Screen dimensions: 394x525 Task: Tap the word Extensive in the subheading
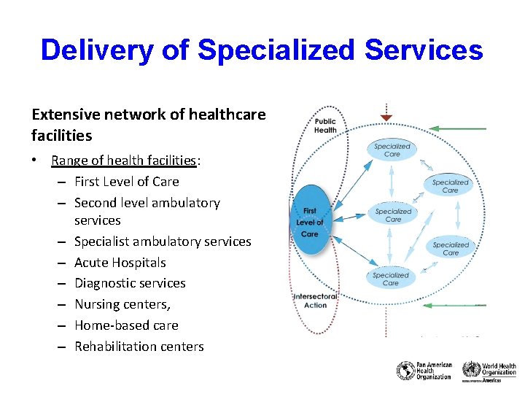click(x=61, y=115)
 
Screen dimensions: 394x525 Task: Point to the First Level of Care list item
click(x=126, y=182)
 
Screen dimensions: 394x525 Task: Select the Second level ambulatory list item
click(x=147, y=203)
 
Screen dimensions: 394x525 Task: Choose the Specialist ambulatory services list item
click(x=163, y=242)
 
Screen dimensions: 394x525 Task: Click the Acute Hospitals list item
click(x=120, y=263)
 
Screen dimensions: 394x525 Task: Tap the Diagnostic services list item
click(x=130, y=283)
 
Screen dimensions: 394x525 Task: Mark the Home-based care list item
click(x=126, y=325)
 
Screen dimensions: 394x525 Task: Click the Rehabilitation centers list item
click(x=139, y=347)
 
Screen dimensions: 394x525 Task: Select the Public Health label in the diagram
click(x=325, y=125)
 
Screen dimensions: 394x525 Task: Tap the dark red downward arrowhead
click(x=386, y=117)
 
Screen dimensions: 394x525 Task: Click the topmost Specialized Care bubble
click(x=392, y=150)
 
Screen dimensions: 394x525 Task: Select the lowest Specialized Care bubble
click(x=391, y=279)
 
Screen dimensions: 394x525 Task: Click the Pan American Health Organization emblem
click(x=405, y=371)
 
